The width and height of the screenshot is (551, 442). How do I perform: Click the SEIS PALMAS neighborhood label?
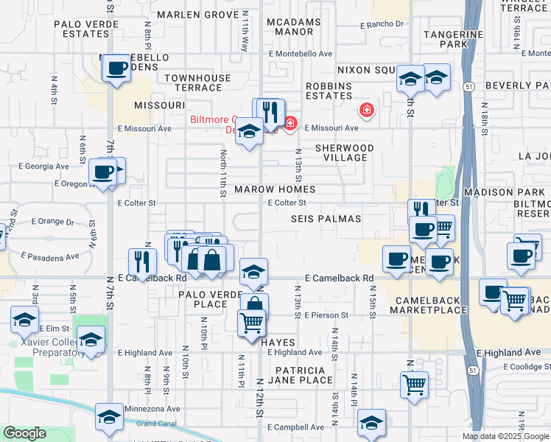[x=326, y=219]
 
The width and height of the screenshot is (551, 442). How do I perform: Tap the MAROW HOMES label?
[x=264, y=189]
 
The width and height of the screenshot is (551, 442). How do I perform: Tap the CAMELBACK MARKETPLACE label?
[x=432, y=306]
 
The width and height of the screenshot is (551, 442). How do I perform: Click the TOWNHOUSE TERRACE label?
[x=193, y=83]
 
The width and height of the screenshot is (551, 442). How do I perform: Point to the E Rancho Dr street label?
[x=382, y=24]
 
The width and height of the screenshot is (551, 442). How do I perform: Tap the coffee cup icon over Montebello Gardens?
[x=116, y=69]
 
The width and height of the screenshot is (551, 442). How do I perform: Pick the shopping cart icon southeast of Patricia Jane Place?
[x=415, y=383]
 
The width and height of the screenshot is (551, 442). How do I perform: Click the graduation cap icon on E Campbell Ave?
[x=371, y=422]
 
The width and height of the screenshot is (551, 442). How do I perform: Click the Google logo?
[x=24, y=433]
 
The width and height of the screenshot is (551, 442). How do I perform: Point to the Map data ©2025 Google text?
[x=505, y=436]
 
